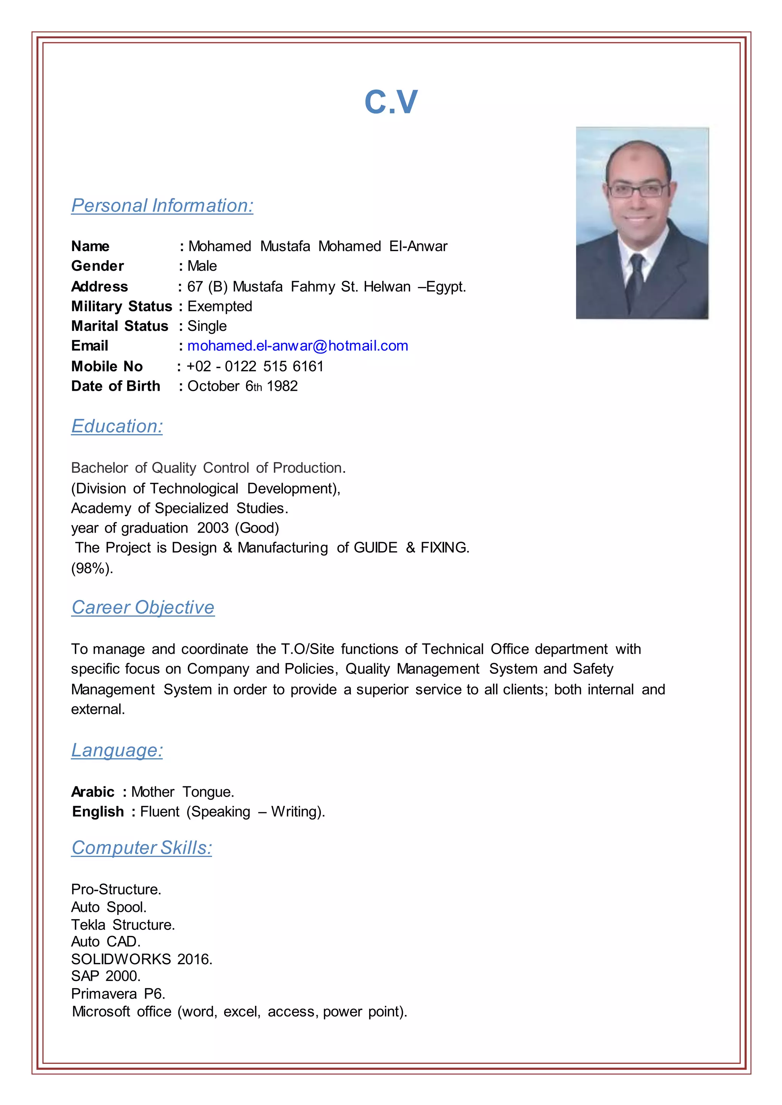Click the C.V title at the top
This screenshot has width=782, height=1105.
pos(391,103)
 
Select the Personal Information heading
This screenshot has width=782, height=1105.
pos(162,206)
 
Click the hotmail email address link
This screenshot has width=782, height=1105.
pos(297,346)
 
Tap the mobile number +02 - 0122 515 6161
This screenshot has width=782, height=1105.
pos(255,366)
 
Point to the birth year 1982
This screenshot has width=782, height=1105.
pos(282,386)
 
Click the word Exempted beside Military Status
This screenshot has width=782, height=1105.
pos(220,306)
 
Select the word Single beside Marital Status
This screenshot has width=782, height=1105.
pos(207,326)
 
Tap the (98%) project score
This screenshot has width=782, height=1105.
pos(92,569)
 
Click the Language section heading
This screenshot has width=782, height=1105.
pos(117,750)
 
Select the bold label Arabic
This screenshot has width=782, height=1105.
pos(93,792)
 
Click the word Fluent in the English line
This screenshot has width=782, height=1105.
pos(159,812)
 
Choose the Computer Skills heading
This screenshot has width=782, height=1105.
pos(142,847)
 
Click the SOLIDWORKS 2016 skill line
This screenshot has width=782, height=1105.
pos(142,959)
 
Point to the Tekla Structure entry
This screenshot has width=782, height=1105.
pos(123,925)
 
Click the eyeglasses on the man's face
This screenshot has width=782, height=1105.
pos(638,190)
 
